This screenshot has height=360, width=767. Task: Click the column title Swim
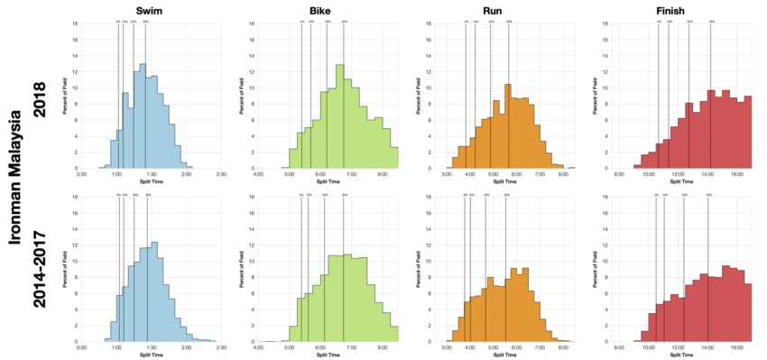click(151, 10)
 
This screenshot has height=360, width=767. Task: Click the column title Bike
click(320, 10)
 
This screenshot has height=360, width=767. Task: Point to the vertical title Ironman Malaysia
click(15, 178)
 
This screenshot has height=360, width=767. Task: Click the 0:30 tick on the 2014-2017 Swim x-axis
click(82, 347)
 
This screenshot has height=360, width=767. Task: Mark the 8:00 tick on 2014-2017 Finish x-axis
click(620, 347)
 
